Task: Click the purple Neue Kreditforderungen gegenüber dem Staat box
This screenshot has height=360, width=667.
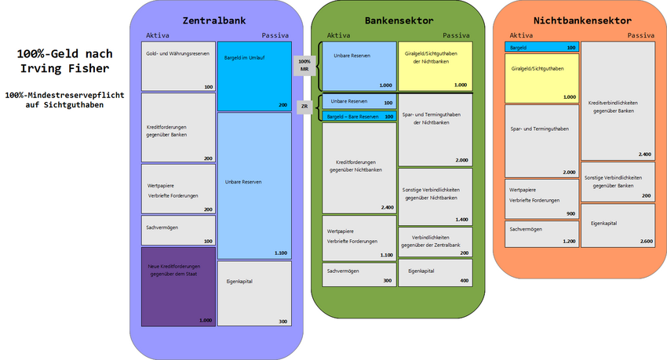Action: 177,286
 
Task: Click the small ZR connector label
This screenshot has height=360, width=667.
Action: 304,106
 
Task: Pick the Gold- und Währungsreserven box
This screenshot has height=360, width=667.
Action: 177,66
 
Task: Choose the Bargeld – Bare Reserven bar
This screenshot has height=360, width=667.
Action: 359,116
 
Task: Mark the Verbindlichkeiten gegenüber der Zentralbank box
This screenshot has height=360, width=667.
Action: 435,242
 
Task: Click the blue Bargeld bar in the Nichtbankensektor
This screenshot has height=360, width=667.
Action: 541,47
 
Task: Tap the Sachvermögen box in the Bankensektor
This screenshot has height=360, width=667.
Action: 359,274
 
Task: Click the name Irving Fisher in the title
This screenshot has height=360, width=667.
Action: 65,69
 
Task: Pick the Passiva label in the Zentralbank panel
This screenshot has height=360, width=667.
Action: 275,35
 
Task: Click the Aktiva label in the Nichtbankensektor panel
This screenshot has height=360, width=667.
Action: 521,35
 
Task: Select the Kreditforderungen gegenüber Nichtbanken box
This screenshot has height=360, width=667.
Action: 359,168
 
